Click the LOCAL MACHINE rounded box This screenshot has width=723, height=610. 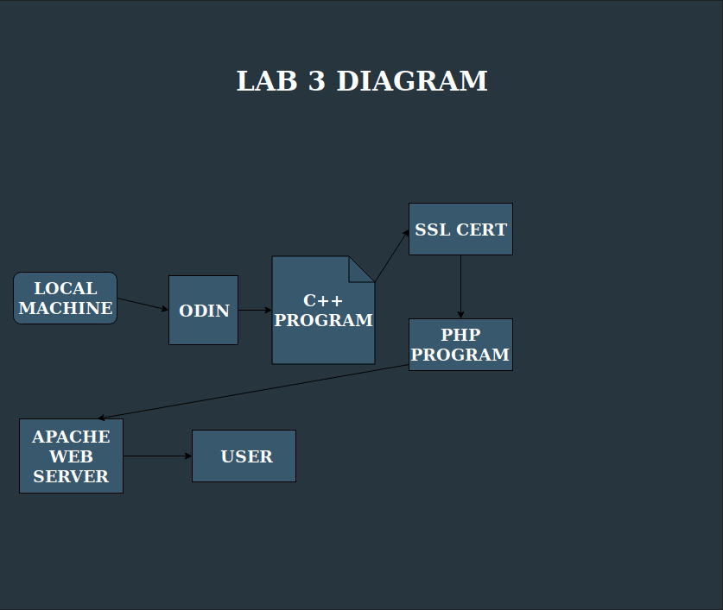(x=65, y=298)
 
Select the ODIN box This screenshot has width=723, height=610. (x=203, y=310)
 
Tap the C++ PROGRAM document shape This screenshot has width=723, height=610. (x=323, y=310)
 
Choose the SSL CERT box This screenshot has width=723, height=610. (x=460, y=229)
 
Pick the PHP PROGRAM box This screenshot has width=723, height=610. (x=460, y=344)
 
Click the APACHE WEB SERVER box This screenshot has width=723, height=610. (x=71, y=456)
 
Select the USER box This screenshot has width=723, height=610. (x=244, y=456)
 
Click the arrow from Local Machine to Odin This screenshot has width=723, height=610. (x=143, y=304)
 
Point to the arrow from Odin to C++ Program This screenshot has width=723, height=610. (x=255, y=310)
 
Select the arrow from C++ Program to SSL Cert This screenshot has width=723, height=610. (x=392, y=255)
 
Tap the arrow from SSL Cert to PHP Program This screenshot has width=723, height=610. (x=460, y=286)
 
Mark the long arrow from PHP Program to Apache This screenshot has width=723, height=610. (x=253, y=392)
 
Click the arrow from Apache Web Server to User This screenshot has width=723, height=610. (x=158, y=456)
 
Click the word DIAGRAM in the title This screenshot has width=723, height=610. (x=412, y=81)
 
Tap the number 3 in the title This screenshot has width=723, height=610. (x=317, y=81)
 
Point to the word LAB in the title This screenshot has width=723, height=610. (x=267, y=81)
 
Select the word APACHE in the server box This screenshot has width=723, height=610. (x=71, y=437)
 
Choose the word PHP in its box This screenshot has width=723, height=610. (x=460, y=335)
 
